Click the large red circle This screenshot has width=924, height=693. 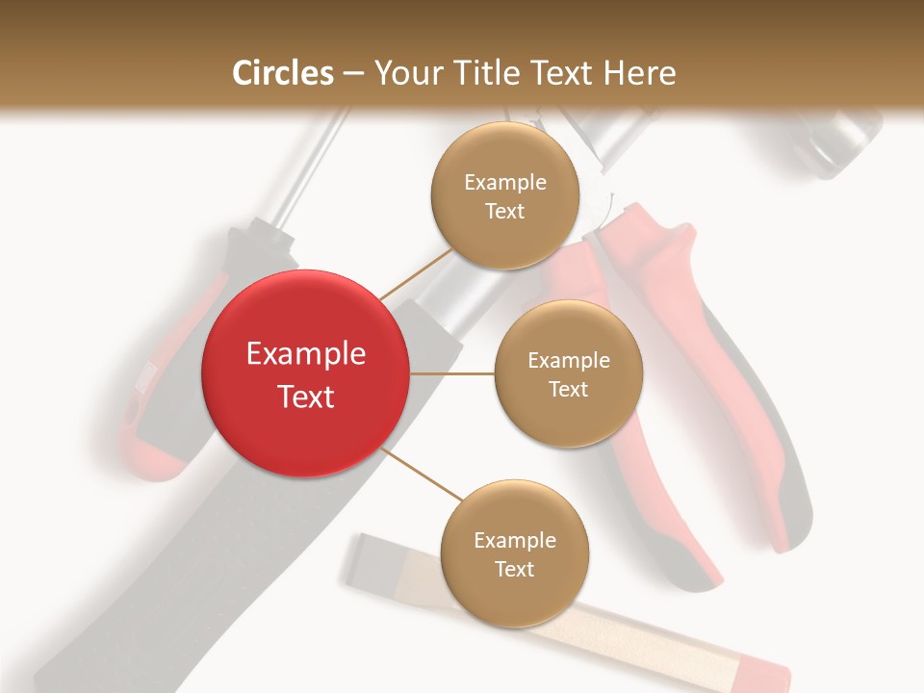[x=306, y=373]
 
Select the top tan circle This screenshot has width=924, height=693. [x=504, y=196]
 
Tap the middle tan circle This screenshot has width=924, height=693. [x=568, y=373]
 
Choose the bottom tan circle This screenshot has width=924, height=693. [x=514, y=554]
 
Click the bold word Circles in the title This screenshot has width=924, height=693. [x=283, y=73]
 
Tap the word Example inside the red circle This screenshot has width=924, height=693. [x=306, y=354]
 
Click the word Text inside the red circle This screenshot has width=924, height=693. [x=306, y=397]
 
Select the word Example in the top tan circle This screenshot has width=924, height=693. [x=505, y=182]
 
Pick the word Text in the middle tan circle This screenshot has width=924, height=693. [x=568, y=389]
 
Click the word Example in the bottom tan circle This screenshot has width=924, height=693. [x=515, y=540]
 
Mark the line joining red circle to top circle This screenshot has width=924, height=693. [x=416, y=274]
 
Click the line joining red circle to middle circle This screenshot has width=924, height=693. [x=452, y=373]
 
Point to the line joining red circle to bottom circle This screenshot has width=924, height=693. [x=422, y=475]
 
